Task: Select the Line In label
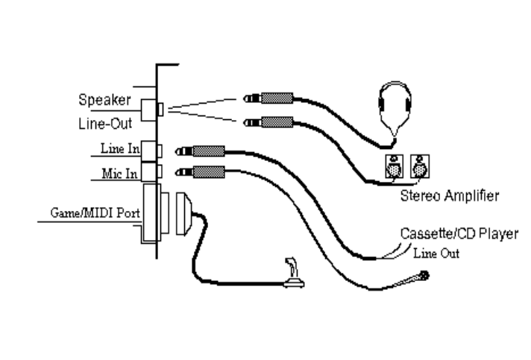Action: coord(119,149)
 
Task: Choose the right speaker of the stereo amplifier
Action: coord(420,168)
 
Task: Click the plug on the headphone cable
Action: coord(265,98)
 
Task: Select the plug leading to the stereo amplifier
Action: coord(265,121)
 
